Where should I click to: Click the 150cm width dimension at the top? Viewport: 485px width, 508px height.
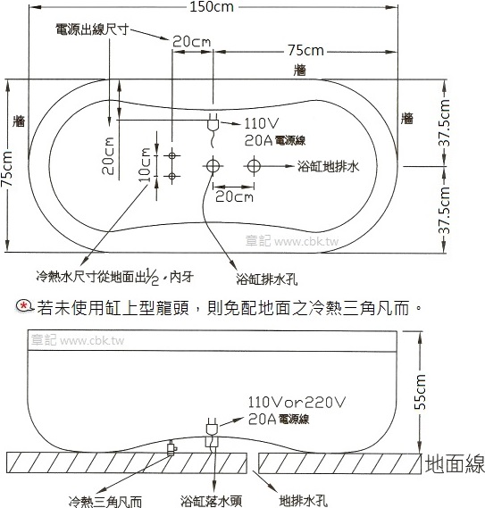coord(212,7)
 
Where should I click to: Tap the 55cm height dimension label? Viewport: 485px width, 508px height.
coord(421,392)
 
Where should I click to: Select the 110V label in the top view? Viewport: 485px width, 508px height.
coord(262,123)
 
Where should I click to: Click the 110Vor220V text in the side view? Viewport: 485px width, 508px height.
coord(297,403)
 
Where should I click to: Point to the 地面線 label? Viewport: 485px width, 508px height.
coord(455,464)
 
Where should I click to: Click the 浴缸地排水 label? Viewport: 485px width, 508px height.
coord(329,167)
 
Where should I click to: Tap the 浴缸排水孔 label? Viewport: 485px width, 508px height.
coord(266,279)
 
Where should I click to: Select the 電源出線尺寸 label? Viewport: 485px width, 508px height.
coord(92,29)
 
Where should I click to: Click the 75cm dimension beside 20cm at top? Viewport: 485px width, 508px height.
coord(305,51)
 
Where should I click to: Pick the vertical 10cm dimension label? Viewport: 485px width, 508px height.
coord(145,164)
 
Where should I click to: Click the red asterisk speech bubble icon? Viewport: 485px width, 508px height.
coord(24,306)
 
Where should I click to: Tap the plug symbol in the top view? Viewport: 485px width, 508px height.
coord(213,123)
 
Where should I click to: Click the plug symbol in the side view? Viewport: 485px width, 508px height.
coord(212,426)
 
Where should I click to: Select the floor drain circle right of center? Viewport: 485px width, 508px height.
coord(254,166)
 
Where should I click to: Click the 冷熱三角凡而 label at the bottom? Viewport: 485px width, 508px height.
coord(105,501)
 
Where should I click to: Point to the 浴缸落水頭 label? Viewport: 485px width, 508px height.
coord(212,501)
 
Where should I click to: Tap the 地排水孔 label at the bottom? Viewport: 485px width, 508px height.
coord(304,501)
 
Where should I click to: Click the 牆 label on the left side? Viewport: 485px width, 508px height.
coord(19,121)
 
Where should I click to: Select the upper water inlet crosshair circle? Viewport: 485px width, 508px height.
coord(171,155)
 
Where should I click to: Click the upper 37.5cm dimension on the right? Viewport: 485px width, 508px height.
coord(445,123)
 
